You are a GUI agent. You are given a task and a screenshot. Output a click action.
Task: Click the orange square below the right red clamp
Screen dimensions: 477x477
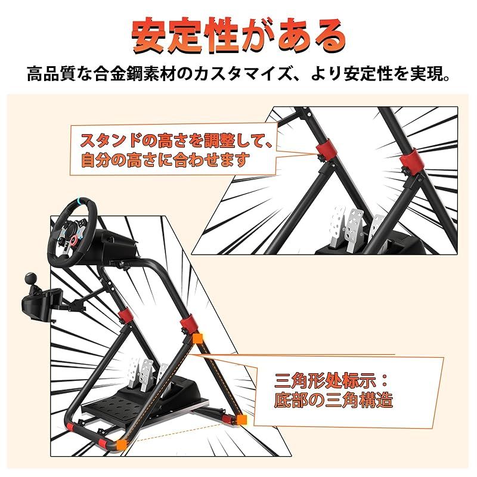coord(197,340)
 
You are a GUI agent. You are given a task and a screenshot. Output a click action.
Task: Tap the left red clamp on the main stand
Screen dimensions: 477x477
coord(125,317)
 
